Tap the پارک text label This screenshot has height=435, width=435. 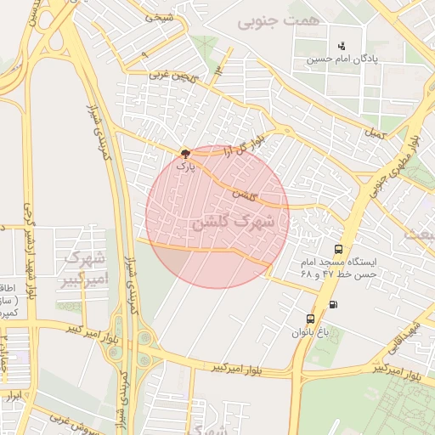click(x=185, y=167)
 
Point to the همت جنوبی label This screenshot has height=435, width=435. click(x=279, y=20)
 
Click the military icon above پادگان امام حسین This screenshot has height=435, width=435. click(x=341, y=45)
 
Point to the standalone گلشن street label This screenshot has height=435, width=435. click(x=245, y=195)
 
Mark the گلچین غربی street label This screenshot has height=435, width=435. click(x=172, y=74)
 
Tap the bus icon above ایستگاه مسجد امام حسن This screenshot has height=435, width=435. click(x=339, y=250)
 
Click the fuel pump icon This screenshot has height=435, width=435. click(x=332, y=304)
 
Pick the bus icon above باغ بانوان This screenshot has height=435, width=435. click(x=310, y=319)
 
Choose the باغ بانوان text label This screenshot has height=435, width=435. click(x=309, y=332)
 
